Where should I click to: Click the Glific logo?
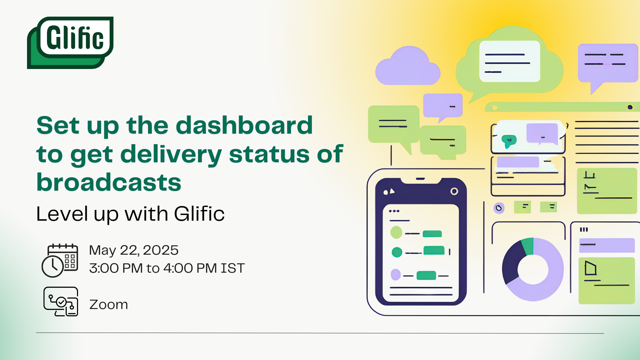click(70, 43)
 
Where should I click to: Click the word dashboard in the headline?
click(244, 125)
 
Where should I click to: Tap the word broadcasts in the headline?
click(109, 182)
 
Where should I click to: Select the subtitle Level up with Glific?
click(130, 213)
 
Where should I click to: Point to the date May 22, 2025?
click(134, 250)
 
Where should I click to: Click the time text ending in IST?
click(167, 268)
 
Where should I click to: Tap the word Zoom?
click(109, 304)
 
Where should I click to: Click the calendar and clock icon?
click(60, 260)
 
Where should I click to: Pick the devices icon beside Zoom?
click(61, 301)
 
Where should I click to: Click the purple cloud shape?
click(408, 66)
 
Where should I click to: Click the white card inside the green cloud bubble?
click(510, 61)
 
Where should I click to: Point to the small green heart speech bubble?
click(509, 141)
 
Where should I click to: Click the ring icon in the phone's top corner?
click(454, 191)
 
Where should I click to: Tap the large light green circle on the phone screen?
click(396, 232)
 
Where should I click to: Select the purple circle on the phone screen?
click(396, 275)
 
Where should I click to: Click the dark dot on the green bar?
click(630, 107)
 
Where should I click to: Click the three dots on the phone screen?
click(394, 211)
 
